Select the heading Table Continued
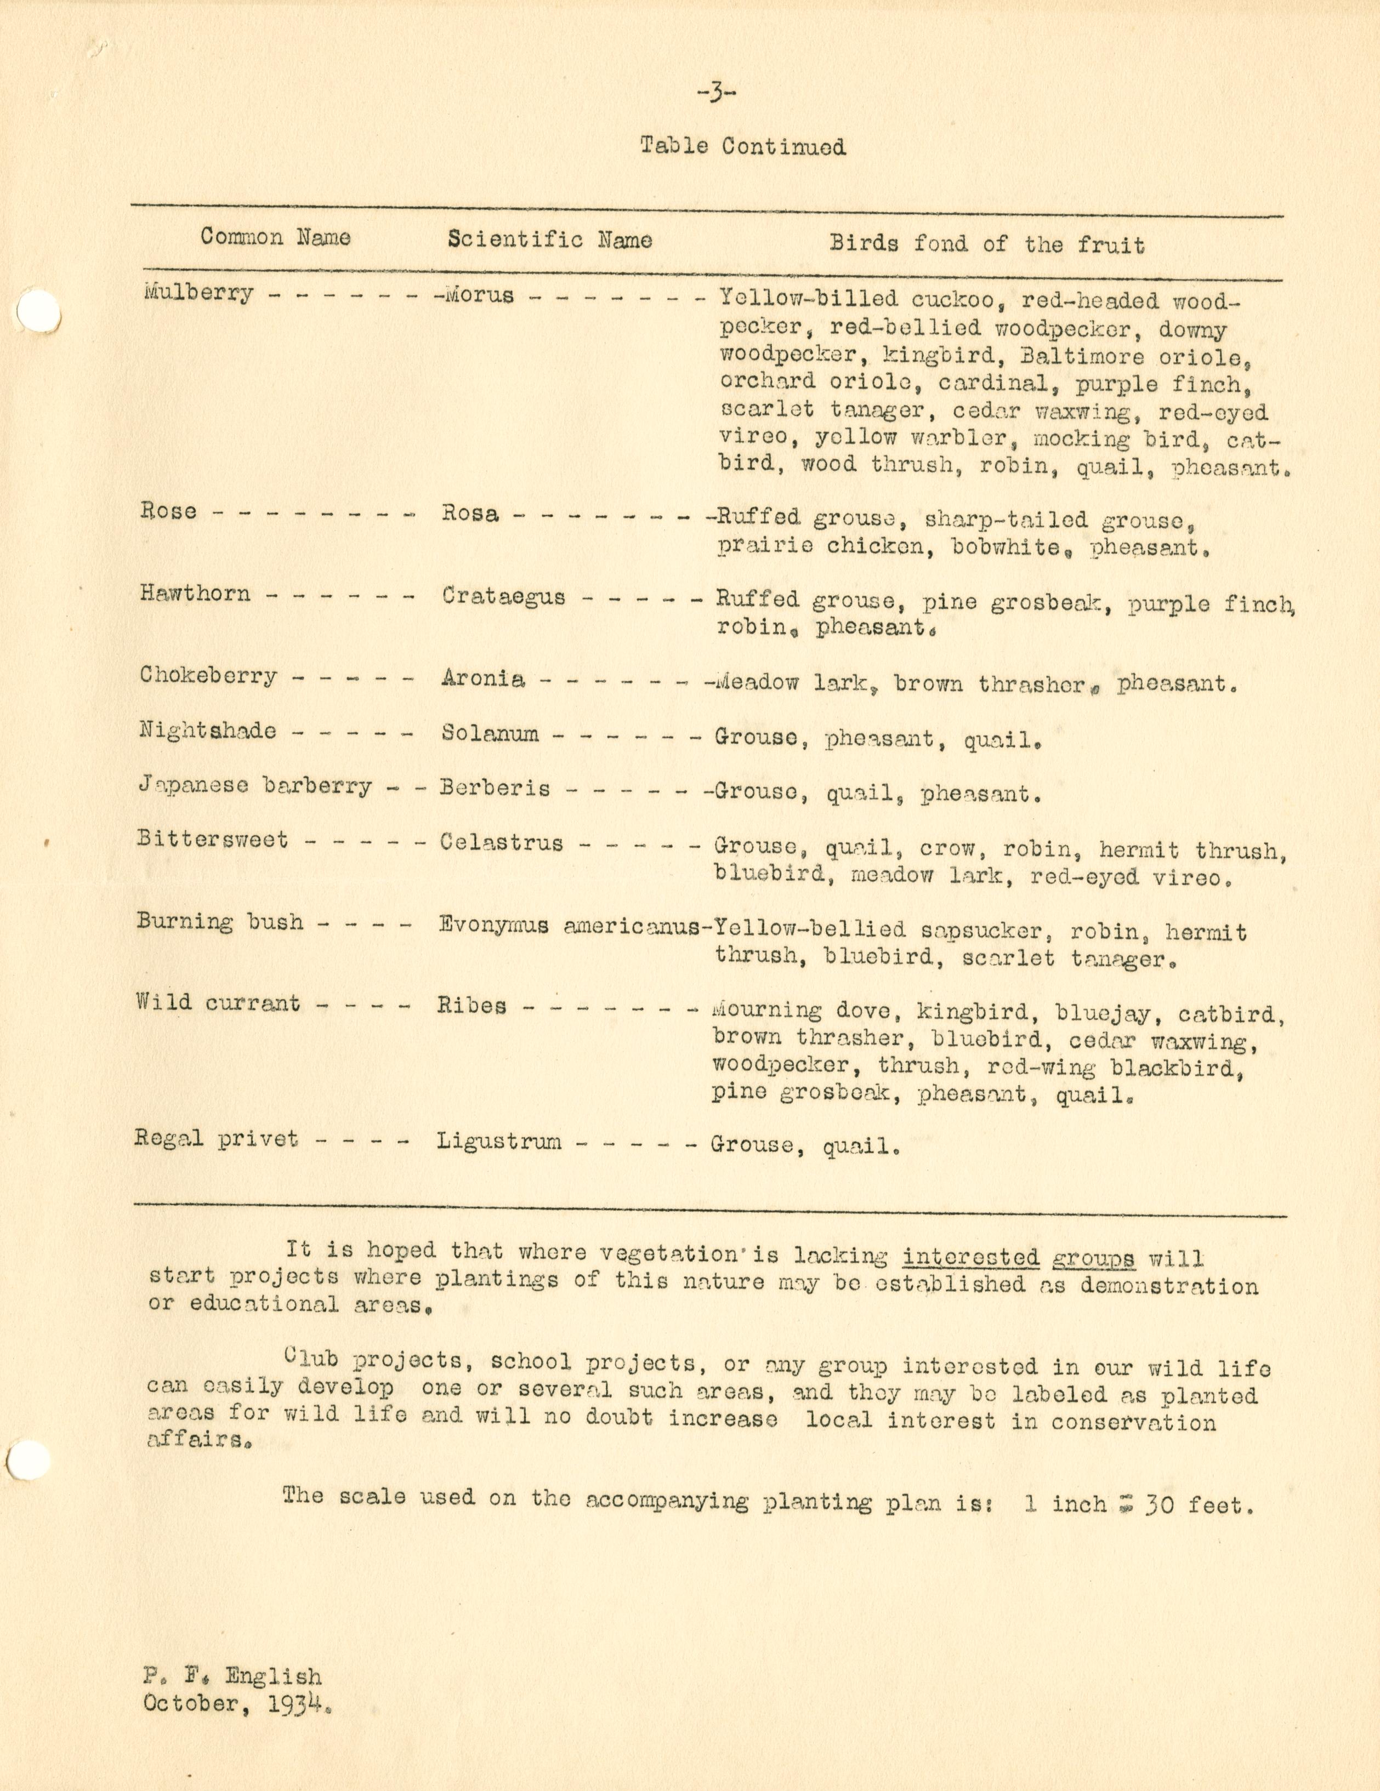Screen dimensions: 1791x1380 coord(742,147)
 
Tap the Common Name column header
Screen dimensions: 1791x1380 coord(276,238)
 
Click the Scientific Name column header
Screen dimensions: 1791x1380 coord(550,240)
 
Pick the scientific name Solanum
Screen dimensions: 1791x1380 coord(490,733)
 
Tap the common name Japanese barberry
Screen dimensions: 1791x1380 coord(254,785)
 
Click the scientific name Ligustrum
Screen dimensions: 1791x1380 coord(499,1142)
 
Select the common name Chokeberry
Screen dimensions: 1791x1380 coord(208,676)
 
